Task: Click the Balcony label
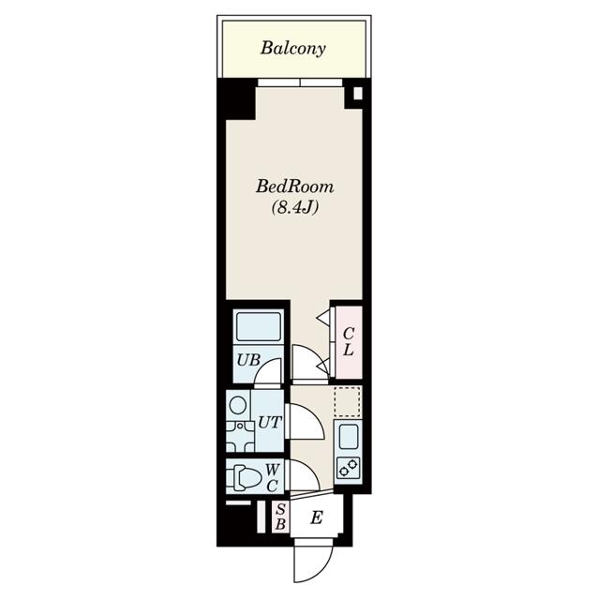pyautogui.click(x=293, y=49)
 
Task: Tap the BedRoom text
pyautogui.click(x=295, y=187)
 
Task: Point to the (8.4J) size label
pyautogui.click(x=295, y=207)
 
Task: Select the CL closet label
pyautogui.click(x=349, y=341)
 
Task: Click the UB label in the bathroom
pyautogui.click(x=248, y=360)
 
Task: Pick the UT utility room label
pyautogui.click(x=270, y=423)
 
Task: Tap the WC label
pyautogui.click(x=273, y=477)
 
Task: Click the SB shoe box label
pyautogui.click(x=281, y=517)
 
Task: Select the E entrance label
pyautogui.click(x=317, y=517)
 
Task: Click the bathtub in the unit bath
pyautogui.click(x=259, y=327)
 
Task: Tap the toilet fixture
pyautogui.click(x=244, y=477)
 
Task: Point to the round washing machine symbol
pyautogui.click(x=237, y=405)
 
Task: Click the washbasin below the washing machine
pyautogui.click(x=240, y=436)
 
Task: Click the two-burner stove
pyautogui.click(x=348, y=469)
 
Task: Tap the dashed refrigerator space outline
pyautogui.click(x=348, y=401)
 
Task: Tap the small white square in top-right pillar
pyautogui.click(x=358, y=94)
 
